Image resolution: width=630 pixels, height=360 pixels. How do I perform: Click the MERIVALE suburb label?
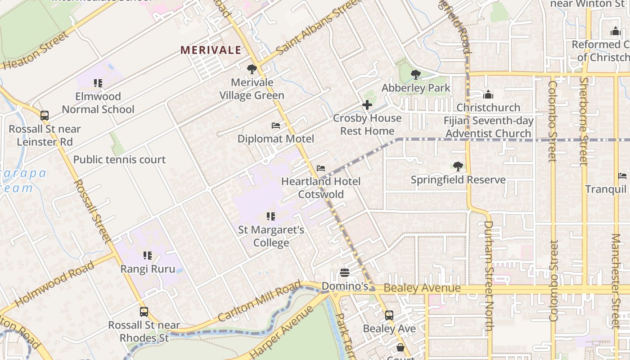coord(211,50)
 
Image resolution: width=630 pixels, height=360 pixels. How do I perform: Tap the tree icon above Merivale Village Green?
coord(252,69)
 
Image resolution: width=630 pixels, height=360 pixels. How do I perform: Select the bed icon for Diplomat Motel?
coord(276,126)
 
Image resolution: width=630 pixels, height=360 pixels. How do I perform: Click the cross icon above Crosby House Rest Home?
coord(367,105)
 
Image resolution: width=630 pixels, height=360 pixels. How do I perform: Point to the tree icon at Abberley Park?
coord(416,75)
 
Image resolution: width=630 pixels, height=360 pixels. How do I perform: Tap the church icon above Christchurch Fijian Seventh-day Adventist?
coord(488,95)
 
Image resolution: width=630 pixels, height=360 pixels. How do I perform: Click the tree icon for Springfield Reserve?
coord(458,166)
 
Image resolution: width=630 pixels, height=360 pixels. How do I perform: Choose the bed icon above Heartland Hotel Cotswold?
coord(321,168)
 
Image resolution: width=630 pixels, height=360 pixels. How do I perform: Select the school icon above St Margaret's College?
coord(271,216)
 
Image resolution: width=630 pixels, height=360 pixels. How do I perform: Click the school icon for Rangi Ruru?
coord(148,256)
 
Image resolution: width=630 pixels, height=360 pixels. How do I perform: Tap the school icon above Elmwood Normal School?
coord(98,83)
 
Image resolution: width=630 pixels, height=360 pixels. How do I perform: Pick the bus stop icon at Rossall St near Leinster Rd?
coord(45,116)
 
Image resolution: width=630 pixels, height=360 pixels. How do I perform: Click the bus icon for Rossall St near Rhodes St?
coord(144,311)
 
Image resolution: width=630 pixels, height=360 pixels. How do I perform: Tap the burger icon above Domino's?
coord(345,273)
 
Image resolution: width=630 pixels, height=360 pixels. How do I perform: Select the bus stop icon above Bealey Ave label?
coord(389,315)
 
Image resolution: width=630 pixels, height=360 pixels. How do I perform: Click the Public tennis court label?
coord(119,160)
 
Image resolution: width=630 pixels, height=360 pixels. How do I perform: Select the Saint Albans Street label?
coord(318,27)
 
